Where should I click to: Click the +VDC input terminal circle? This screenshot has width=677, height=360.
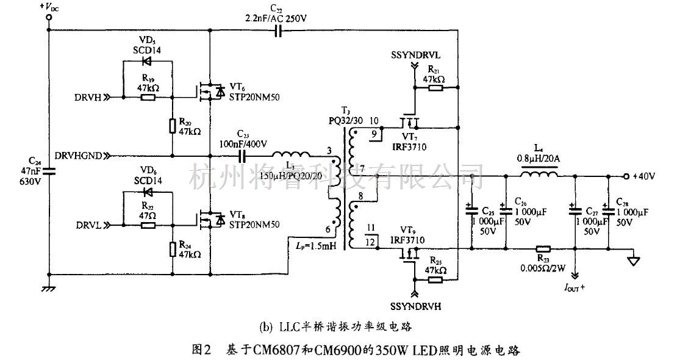(x=49, y=18)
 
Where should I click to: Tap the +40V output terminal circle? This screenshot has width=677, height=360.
(x=625, y=176)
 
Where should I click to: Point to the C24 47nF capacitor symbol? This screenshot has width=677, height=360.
(x=49, y=171)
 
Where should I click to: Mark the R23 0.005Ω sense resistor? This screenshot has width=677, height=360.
(x=542, y=248)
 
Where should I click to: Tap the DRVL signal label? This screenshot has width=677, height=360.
(x=89, y=225)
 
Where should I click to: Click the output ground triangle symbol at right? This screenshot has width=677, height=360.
(x=634, y=260)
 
